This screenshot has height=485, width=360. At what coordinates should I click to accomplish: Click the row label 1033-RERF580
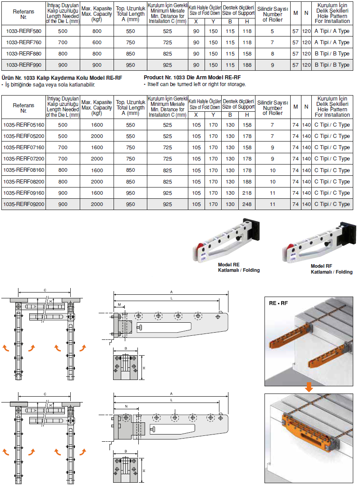point(23,31)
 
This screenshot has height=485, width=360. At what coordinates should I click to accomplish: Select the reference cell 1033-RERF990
point(23,65)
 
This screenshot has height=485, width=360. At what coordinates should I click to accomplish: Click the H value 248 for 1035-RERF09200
point(246,204)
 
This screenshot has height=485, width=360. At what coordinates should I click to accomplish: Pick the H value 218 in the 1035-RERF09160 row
point(246,193)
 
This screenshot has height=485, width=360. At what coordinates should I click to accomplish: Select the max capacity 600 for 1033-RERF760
point(97,42)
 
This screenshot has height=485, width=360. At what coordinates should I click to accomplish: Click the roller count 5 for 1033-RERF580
point(272,31)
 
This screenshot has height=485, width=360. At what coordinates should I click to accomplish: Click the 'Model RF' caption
point(321,266)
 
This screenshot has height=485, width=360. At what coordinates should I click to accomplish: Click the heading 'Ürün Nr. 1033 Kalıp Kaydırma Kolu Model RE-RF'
point(62,78)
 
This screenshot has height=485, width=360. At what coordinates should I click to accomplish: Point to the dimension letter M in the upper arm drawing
point(119,305)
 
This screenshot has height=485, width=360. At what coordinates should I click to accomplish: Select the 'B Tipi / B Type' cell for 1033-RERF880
point(332,54)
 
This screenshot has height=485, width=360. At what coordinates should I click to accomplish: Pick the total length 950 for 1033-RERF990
point(131,65)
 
